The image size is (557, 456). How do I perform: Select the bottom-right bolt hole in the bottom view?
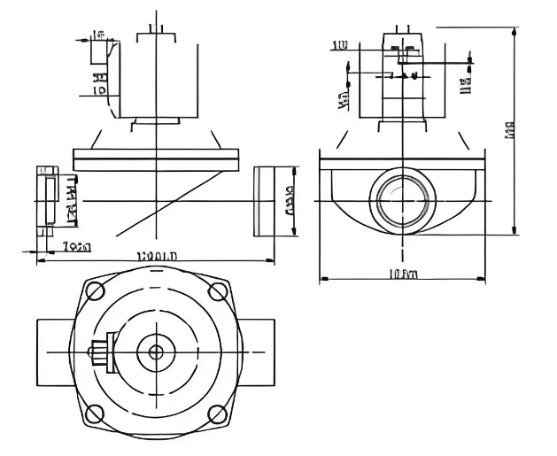click(x=216, y=413)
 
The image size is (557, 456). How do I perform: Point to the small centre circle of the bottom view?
click(x=157, y=352)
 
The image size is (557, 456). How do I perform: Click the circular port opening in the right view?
click(x=402, y=200)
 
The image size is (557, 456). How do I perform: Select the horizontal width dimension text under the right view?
click(x=403, y=274)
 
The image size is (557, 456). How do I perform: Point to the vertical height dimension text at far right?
click(x=509, y=130)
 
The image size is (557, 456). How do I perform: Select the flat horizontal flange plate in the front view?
click(x=158, y=159)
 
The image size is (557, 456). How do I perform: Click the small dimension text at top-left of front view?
click(x=97, y=35)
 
